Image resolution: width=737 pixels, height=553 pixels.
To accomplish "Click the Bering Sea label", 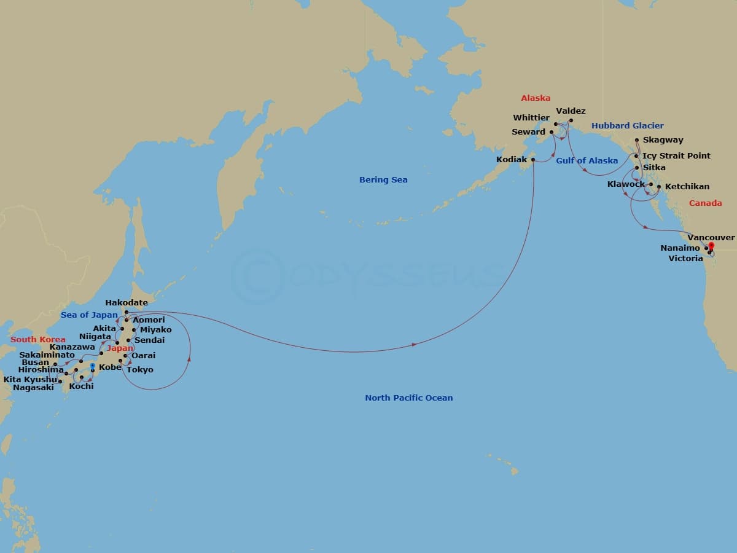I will [x=383, y=180].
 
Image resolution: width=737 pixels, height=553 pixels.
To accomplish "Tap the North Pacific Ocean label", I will [x=408, y=398].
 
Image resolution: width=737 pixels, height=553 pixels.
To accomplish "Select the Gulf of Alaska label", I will [x=587, y=161].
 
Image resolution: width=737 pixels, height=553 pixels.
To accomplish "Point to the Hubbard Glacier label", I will [x=627, y=126].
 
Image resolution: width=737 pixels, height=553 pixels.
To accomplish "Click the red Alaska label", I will [x=536, y=98].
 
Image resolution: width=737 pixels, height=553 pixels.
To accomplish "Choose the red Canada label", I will [x=705, y=203].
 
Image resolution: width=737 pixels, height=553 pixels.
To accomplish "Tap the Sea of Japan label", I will [x=89, y=315].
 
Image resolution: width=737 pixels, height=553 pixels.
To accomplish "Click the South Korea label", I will [x=38, y=340].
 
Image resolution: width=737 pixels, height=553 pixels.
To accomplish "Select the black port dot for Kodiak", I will [x=533, y=160].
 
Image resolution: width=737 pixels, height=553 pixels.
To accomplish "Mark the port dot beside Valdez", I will [x=571, y=120].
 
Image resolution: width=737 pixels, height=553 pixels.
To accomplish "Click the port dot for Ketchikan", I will [x=659, y=186].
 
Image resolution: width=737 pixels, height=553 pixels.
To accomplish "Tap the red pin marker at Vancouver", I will [x=711, y=246].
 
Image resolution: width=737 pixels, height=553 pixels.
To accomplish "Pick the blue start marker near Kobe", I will [x=93, y=366].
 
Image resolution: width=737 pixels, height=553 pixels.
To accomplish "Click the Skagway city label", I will [x=663, y=140].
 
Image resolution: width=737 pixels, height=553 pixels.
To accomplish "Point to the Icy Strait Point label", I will [x=676, y=156].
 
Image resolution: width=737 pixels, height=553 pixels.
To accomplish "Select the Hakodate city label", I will [x=127, y=303].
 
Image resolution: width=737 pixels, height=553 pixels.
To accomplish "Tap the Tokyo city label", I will [x=140, y=370].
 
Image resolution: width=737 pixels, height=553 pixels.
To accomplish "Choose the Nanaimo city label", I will [x=680, y=248].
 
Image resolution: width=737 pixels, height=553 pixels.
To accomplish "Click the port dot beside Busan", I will [x=55, y=364].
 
